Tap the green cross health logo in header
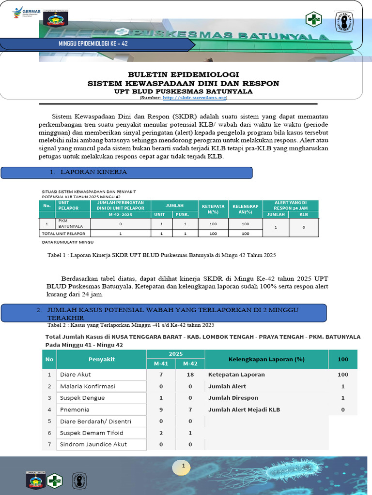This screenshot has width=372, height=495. click(313, 20)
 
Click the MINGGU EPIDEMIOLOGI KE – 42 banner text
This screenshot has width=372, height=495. click(93, 44)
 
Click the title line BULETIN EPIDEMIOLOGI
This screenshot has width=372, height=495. click(183, 74)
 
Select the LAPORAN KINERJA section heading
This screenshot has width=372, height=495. click(94, 172)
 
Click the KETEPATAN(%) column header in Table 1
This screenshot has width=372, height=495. click(214, 209)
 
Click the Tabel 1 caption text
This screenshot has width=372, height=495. click(161, 254)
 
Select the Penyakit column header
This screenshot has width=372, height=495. click(102, 359)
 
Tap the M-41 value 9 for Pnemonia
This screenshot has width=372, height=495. click(161, 409)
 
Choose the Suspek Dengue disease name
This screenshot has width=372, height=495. click(82, 398)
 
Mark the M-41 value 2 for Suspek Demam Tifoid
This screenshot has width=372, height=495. click(161, 433)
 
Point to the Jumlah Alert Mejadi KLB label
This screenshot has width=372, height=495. click(244, 409)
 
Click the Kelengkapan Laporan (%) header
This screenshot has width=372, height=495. click(266, 359)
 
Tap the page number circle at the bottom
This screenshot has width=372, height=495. click(184, 466)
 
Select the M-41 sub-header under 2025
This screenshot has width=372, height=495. click(161, 364)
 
